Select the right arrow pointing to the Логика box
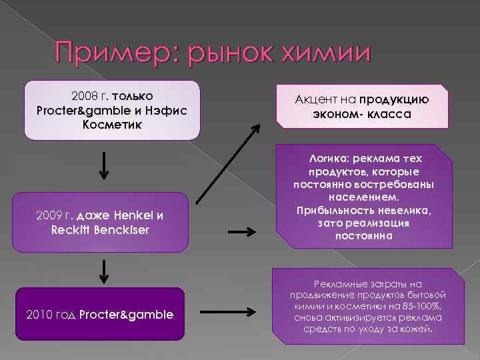(x=241, y=232)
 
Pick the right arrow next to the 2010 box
(x=241, y=312)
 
